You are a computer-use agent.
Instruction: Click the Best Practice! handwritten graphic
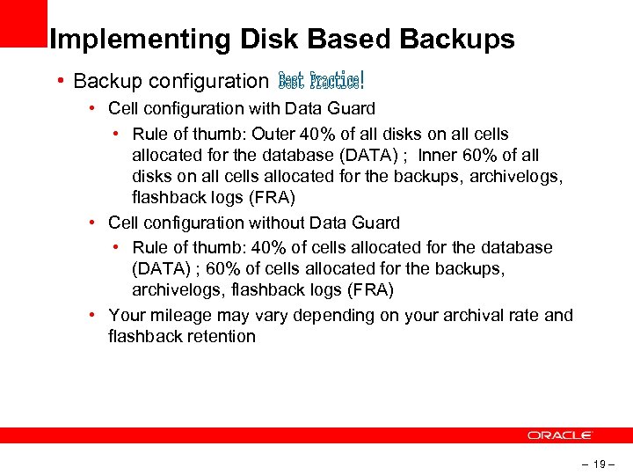point(320,81)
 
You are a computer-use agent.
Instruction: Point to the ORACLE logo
point(560,435)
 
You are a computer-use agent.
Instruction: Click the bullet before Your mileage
point(93,315)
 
